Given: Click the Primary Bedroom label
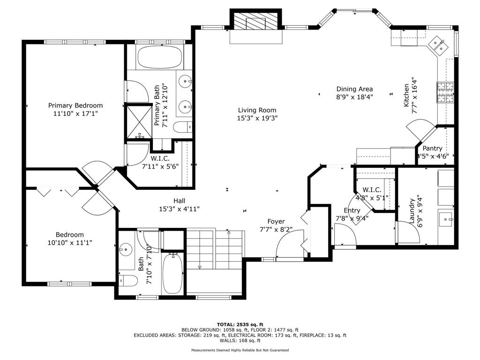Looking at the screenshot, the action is [x=75, y=105].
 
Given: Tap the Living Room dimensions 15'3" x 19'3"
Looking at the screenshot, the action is [x=257, y=118].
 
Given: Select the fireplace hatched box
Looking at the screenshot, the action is [x=255, y=22].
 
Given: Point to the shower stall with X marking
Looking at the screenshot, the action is [x=139, y=121].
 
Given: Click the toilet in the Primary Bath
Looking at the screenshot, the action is [x=182, y=127].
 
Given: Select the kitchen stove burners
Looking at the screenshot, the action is [x=445, y=92].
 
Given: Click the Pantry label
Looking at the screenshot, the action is [x=432, y=149].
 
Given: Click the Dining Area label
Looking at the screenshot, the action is [x=354, y=89].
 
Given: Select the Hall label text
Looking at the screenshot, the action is [x=180, y=201].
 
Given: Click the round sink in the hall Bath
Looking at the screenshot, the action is [x=126, y=249].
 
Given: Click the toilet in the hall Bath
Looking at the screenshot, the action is [x=128, y=280].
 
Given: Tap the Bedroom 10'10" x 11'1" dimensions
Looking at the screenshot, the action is [x=70, y=243].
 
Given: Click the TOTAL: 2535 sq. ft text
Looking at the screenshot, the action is [x=240, y=324].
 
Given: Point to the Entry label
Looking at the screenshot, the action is [x=352, y=210].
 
